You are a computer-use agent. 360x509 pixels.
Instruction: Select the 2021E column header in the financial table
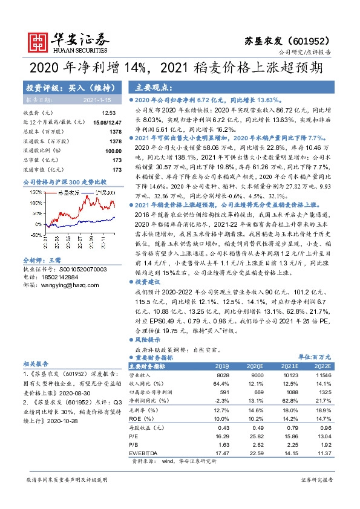291,366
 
